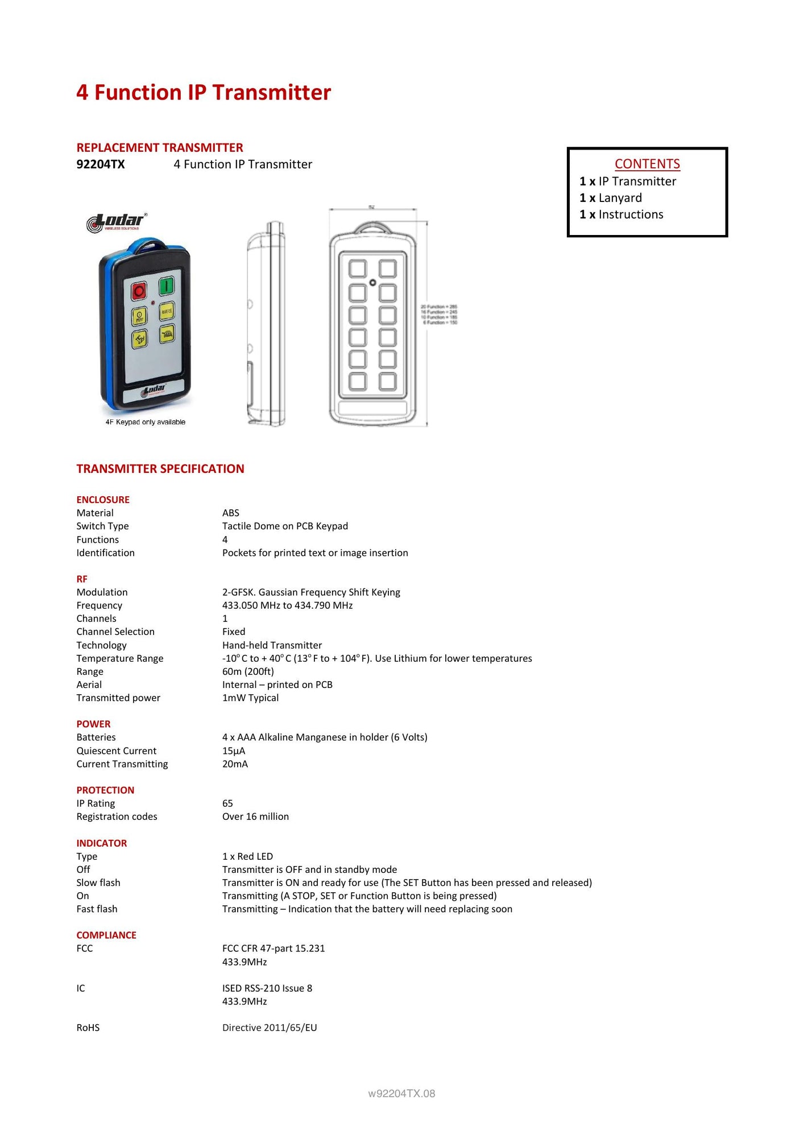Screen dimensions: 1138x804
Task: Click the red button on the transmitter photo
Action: coord(139,291)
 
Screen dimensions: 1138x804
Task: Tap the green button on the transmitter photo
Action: coord(166,286)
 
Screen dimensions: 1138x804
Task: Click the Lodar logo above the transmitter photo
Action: coord(117,222)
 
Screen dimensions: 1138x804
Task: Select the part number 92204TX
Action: coord(101,164)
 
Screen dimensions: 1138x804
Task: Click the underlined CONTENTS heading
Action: coord(647,164)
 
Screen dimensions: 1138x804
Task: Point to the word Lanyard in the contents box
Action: coord(620,198)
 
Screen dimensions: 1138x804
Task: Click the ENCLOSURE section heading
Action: coord(103,500)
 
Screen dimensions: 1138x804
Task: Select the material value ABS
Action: coord(231,513)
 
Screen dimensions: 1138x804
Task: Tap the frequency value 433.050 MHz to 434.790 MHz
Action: coord(287,605)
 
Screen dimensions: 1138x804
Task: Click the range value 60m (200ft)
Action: coord(248,671)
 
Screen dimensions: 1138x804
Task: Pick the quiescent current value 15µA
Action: coord(234,751)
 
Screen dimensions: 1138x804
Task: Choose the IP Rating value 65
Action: coord(227,803)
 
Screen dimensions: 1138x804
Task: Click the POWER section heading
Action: coord(94,724)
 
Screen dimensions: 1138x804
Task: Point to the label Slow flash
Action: coord(98,883)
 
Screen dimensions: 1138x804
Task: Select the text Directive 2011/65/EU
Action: coord(270,1028)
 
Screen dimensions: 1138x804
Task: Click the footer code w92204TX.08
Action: coord(401,1094)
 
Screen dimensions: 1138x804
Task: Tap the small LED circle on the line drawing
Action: coord(373,283)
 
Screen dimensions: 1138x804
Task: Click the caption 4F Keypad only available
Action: coord(146,422)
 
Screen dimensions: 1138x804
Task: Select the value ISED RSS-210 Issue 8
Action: coord(267,988)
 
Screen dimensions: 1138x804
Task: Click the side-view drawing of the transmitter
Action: coord(267,324)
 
